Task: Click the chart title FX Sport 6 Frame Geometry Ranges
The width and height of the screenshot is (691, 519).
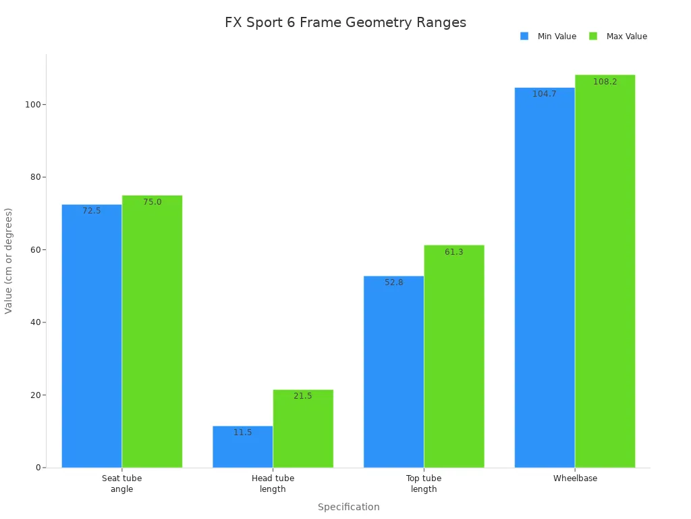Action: [x=345, y=22]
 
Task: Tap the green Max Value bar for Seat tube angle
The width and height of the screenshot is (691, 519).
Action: [x=152, y=331]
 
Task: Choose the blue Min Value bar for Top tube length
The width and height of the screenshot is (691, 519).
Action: [x=393, y=372]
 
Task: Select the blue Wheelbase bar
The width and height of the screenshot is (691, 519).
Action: [x=545, y=277]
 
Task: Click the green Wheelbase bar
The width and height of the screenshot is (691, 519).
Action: [x=605, y=271]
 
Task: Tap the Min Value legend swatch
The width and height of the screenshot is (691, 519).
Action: [x=524, y=36]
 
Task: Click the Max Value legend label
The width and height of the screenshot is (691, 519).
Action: [x=626, y=36]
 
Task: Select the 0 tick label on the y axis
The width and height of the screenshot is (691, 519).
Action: [x=38, y=468]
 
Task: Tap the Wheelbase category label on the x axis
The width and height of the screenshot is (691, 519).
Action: [x=575, y=478]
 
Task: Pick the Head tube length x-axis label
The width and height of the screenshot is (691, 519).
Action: [x=273, y=484]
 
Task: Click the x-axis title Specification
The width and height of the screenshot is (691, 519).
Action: [x=348, y=507]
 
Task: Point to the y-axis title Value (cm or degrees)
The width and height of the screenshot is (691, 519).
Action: [x=9, y=261]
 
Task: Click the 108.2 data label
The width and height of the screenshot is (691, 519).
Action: [x=605, y=82]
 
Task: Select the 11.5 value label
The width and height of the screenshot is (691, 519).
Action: [x=243, y=432]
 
